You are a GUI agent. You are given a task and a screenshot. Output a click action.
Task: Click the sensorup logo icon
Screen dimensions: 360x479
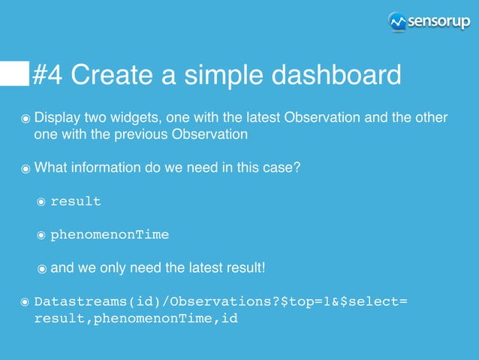click(397, 22)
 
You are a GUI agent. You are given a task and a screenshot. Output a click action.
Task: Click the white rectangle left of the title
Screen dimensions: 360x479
click(14, 74)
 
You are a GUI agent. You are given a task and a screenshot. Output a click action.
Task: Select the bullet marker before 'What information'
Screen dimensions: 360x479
click(26, 168)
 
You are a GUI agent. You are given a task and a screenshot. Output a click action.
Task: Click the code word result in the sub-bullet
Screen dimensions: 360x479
click(75, 201)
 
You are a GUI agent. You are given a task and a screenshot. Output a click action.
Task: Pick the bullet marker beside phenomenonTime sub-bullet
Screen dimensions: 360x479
click(42, 235)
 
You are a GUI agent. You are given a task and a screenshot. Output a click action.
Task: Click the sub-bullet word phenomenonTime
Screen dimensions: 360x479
click(110, 234)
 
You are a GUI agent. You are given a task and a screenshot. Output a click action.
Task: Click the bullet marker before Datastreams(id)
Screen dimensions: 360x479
click(26, 302)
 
